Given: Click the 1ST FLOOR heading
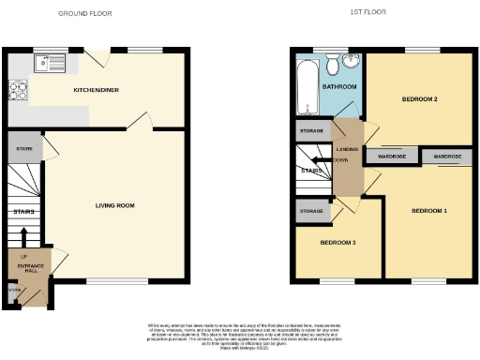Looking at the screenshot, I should coord(367,12).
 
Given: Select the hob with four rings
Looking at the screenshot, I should coord(18,90).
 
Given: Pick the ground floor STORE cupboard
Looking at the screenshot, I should coord(24,148).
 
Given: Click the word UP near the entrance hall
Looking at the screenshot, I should coord(23,255).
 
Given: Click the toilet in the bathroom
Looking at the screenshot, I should coord(332,63).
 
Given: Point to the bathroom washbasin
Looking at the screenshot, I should coord(351,62).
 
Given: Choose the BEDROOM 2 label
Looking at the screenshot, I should coord(420,98).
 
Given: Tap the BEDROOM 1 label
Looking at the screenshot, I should coord(428,210).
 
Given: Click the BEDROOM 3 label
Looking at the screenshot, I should coord(337,243).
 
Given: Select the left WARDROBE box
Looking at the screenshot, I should coord(391,157).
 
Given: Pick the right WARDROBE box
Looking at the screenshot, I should coord(446,157).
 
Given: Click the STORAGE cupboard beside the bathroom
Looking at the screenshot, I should coord(310,131).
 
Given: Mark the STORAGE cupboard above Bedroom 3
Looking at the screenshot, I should coord(311,212).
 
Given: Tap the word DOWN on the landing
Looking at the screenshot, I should coord(340,159).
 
